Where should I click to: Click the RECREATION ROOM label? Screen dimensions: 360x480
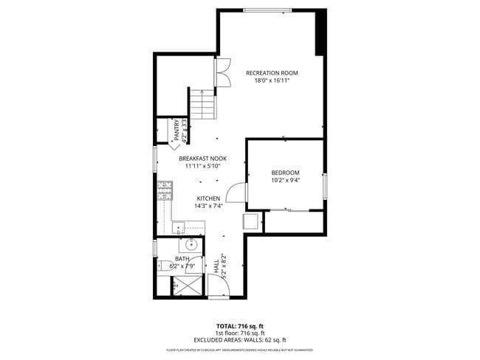pos(272,72)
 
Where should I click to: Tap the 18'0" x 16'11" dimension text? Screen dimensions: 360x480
pos(272,80)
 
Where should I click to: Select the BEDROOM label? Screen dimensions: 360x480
pos(285,172)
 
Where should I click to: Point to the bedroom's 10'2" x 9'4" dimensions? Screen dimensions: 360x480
pos(285,180)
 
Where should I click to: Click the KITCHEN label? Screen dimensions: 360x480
pos(208,198)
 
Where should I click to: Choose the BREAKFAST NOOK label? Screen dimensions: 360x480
pos(202,158)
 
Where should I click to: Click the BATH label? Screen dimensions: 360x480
pos(182,258)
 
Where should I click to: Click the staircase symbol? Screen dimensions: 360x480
pos(202,103)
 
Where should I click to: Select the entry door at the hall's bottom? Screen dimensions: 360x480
pos(219,289)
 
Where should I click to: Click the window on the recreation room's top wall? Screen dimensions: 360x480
pos(267,10)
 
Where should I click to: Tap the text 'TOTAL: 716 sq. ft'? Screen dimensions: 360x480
pos(239,325)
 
